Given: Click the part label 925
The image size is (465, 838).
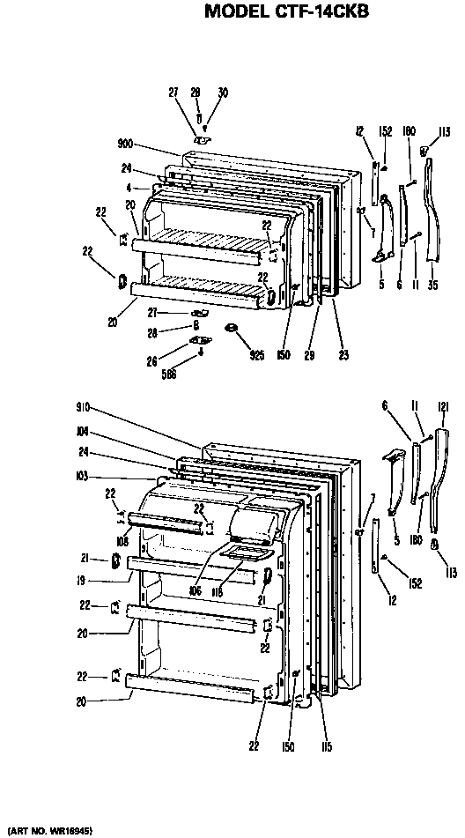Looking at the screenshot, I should click(257, 355).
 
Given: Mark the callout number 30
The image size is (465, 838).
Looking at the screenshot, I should click(222, 93).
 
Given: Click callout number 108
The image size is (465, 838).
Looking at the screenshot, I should click(123, 542).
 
